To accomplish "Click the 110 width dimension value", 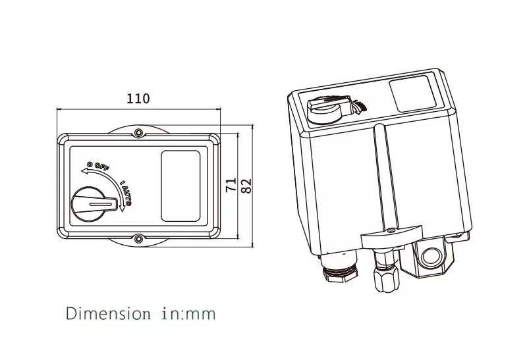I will point(138,99).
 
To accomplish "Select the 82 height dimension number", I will point(247,186).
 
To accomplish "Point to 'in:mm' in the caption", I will point(188,313).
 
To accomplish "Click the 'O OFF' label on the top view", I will point(98,165).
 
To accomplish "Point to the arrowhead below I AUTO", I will point(123,210).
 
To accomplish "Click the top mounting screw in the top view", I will point(138,134).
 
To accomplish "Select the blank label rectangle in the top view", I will point(180,186).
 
